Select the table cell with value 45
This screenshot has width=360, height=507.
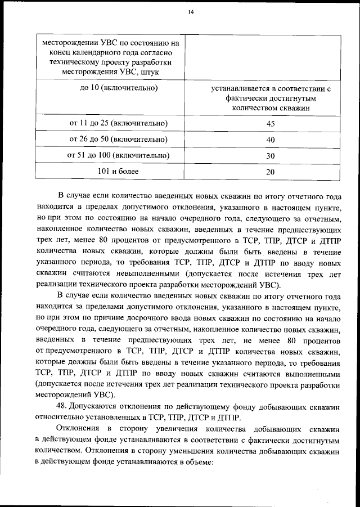click(270, 124)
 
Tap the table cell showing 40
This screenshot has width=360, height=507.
click(270, 140)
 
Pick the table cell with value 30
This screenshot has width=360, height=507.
click(270, 156)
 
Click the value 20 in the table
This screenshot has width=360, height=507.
click(270, 172)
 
